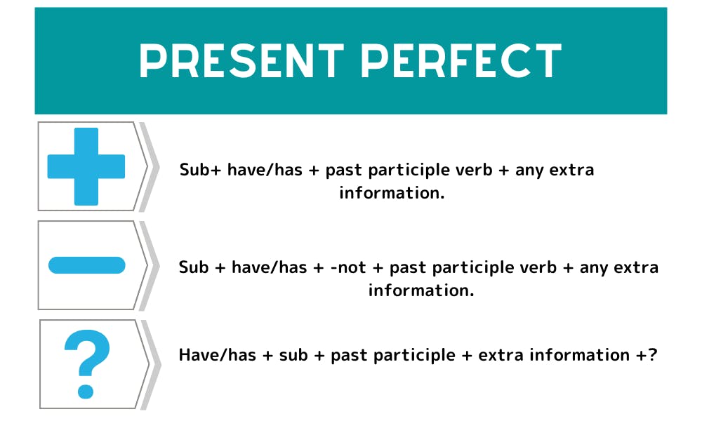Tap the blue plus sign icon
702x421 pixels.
click(86, 166)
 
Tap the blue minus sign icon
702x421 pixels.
click(86, 265)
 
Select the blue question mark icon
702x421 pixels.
click(86, 363)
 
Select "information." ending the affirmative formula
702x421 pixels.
click(392, 193)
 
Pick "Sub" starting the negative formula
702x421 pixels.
click(194, 267)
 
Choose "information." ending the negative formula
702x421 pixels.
click(421, 290)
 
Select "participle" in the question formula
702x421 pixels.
click(418, 355)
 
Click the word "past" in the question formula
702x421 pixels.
click(349, 355)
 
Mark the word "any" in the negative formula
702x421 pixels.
click(593, 267)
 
